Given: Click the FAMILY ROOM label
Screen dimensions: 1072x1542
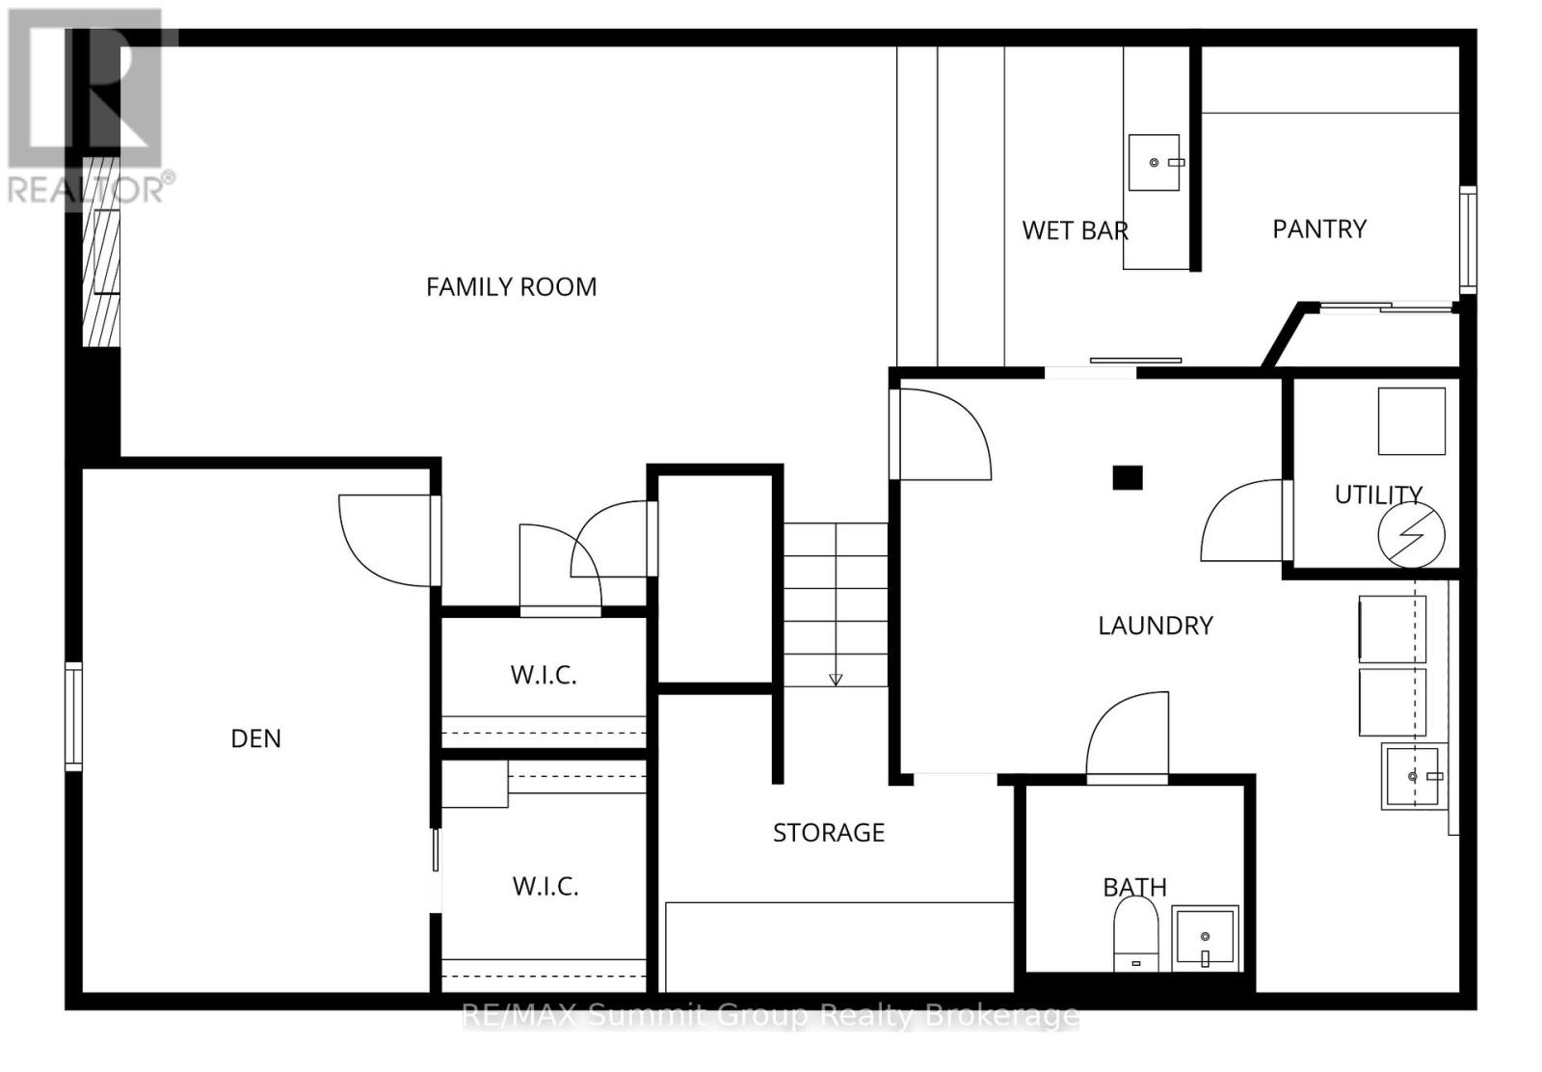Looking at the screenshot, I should [x=511, y=286].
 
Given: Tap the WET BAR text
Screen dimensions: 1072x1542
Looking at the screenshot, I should [x=1075, y=230].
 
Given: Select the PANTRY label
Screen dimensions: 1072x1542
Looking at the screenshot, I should [x=1319, y=228].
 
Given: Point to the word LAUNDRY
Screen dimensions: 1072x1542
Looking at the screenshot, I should [x=1156, y=626].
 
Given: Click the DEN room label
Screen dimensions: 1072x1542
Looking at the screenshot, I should [x=256, y=738].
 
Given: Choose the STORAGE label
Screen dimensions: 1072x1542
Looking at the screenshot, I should [x=829, y=832].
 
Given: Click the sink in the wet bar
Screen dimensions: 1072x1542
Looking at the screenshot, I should [x=1155, y=162].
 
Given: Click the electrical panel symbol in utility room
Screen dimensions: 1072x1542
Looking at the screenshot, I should [x=1412, y=536].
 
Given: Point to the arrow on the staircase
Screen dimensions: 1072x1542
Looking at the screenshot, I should [x=836, y=679].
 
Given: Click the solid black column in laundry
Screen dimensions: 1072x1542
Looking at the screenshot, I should [x=1128, y=477].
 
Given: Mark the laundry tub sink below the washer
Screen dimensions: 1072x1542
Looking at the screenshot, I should [x=1414, y=776].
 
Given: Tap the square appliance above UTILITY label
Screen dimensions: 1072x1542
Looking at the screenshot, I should [x=1411, y=421].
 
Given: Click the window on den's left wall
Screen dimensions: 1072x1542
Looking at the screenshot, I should [x=74, y=716].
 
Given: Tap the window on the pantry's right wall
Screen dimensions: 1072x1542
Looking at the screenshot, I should [x=1467, y=240].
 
